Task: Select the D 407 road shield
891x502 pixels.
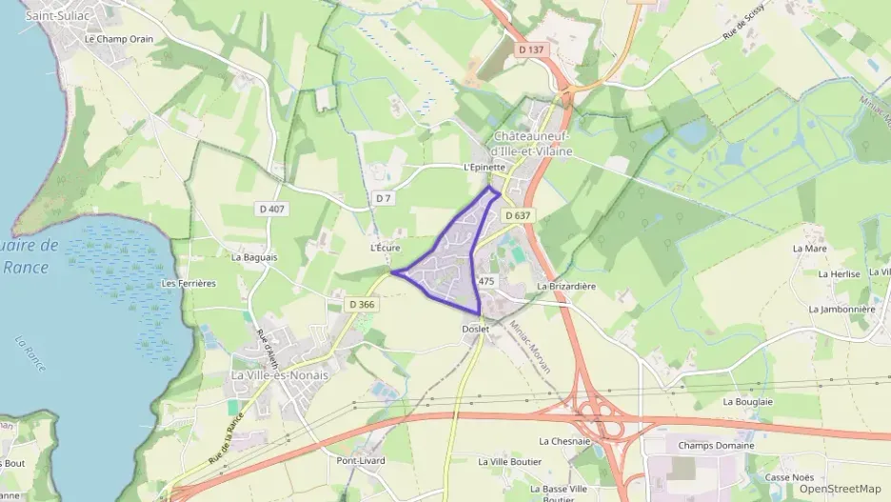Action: point(271,209)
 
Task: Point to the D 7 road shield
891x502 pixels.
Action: point(384,198)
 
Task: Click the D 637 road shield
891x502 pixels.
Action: point(518,216)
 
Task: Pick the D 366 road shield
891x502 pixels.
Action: point(362,305)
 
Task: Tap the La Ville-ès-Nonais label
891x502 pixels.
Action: point(280,375)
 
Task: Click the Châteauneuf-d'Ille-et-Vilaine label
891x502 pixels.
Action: point(533,145)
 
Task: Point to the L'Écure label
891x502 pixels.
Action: point(386,248)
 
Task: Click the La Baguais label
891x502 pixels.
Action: point(254,257)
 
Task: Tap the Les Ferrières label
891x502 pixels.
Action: point(189,284)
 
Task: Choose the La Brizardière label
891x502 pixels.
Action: point(566,286)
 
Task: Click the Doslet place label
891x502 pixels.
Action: point(475,330)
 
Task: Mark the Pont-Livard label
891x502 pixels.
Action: point(360,461)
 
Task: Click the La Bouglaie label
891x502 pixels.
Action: point(748,402)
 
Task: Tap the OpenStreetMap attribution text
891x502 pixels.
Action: point(840,489)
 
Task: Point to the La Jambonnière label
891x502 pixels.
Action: point(841,310)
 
